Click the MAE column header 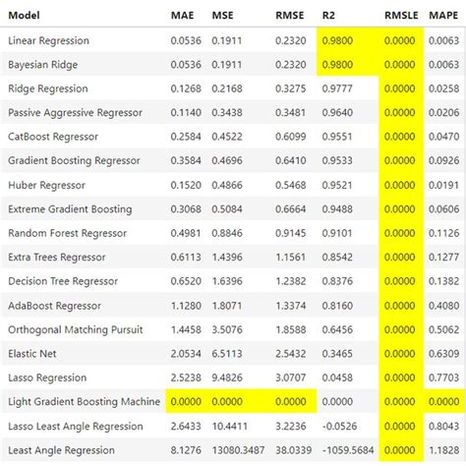(181, 17)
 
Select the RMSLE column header (400, 17)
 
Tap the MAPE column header (444, 17)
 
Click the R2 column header (328, 17)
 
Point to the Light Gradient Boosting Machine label (84, 401)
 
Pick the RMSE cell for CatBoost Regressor (288, 137)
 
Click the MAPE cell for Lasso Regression (444, 378)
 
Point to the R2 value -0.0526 (340, 426)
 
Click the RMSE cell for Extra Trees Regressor (288, 257)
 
